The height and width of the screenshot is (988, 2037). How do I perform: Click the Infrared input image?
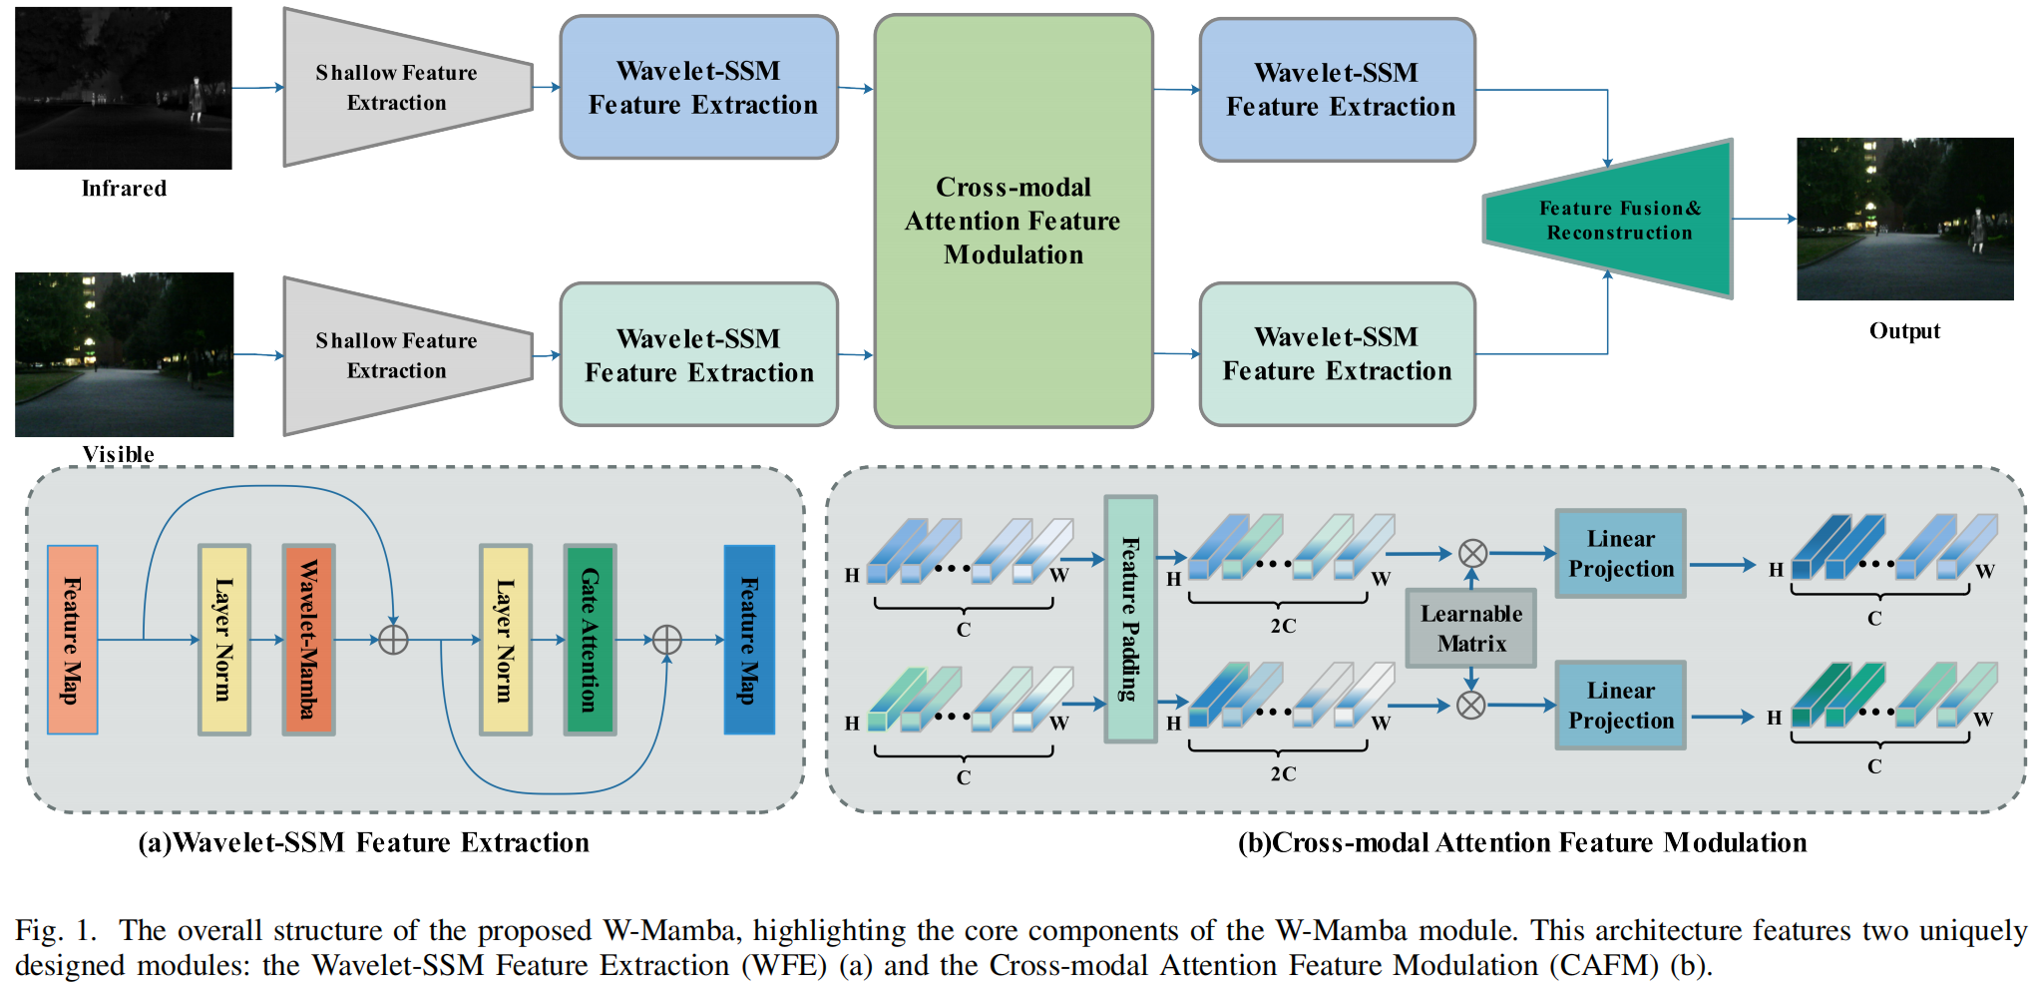click(124, 88)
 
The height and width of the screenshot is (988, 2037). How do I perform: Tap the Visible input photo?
click(124, 354)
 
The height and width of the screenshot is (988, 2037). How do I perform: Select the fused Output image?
click(1904, 219)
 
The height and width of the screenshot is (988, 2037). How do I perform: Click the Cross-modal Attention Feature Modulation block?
click(1014, 221)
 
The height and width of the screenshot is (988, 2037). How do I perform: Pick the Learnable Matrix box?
click(1471, 628)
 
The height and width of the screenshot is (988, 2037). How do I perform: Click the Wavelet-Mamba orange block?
click(308, 640)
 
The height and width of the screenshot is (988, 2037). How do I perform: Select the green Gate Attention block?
click(590, 640)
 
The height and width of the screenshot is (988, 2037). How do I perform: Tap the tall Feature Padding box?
click(1130, 619)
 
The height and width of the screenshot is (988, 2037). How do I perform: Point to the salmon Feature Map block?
click(73, 640)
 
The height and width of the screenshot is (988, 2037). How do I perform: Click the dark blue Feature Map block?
click(749, 640)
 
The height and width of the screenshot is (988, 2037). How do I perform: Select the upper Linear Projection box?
click(1620, 554)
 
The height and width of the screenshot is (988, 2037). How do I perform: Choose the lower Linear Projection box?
click(1620, 706)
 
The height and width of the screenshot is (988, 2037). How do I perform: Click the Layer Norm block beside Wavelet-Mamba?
click(223, 640)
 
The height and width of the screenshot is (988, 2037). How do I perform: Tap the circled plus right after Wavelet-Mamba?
click(394, 640)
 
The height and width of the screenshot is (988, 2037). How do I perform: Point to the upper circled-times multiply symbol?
click(1472, 553)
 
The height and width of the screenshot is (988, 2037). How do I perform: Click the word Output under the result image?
click(1904, 331)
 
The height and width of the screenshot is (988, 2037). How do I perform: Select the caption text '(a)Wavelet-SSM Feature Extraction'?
click(364, 843)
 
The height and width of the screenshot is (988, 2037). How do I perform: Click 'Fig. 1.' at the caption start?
click(56, 931)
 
